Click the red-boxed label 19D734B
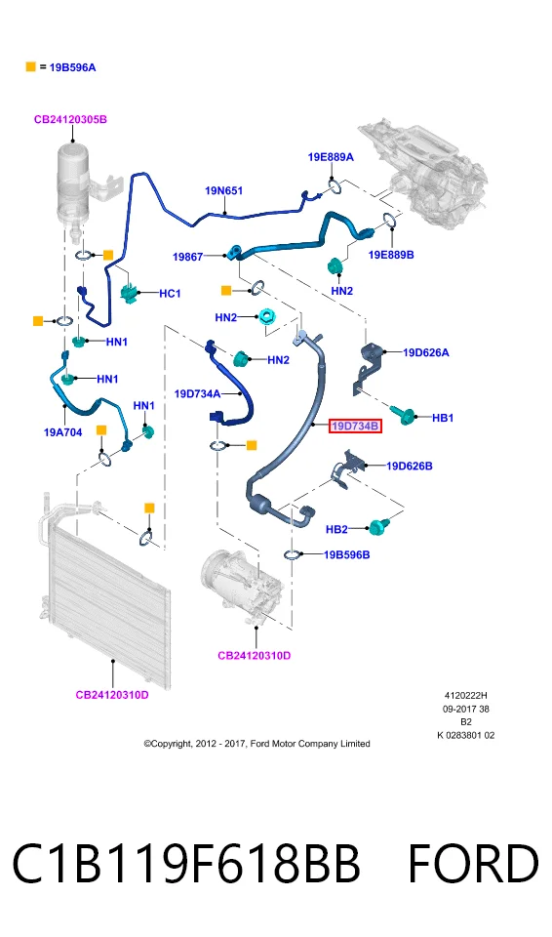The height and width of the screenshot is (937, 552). [x=355, y=427]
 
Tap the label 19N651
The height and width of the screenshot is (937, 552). [x=224, y=190]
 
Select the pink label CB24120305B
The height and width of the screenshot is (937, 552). [x=70, y=119]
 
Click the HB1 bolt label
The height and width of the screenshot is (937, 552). [x=443, y=418]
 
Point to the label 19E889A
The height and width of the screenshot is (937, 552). [x=331, y=157]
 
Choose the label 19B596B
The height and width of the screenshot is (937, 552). [x=346, y=554]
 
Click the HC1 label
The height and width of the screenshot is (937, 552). [x=170, y=294]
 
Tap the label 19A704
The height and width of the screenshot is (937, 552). [x=62, y=432]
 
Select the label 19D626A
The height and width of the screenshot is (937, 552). [x=426, y=352]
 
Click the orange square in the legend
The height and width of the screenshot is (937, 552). [x=31, y=67]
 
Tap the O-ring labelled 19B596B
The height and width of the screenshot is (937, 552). [x=292, y=555]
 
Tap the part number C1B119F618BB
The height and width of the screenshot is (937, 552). [x=186, y=864]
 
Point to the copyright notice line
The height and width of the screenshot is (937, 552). [x=256, y=744]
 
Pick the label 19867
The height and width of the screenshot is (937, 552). [x=187, y=257]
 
